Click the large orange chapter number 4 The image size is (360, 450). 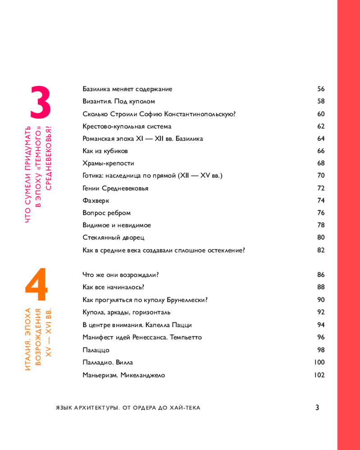click(x=36, y=285)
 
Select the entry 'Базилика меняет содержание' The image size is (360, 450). click(x=127, y=89)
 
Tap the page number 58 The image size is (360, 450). click(x=320, y=102)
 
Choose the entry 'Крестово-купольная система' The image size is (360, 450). click(x=127, y=126)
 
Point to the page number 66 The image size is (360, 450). click(x=320, y=151)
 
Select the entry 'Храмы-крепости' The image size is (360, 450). click(x=108, y=163)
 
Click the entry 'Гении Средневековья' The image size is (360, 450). click(x=115, y=188)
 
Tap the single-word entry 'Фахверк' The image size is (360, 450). click(x=96, y=201)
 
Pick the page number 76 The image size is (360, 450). click(x=320, y=213)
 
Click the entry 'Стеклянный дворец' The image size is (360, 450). click(x=113, y=238)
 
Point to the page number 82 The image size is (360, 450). click(x=320, y=250)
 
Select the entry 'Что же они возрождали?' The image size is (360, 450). click(x=121, y=275)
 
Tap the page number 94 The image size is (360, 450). click(x=320, y=324)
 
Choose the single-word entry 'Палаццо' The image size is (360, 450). click(x=96, y=350)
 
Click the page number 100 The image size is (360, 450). click(x=319, y=362)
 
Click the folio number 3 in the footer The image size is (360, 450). click(x=317, y=408)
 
